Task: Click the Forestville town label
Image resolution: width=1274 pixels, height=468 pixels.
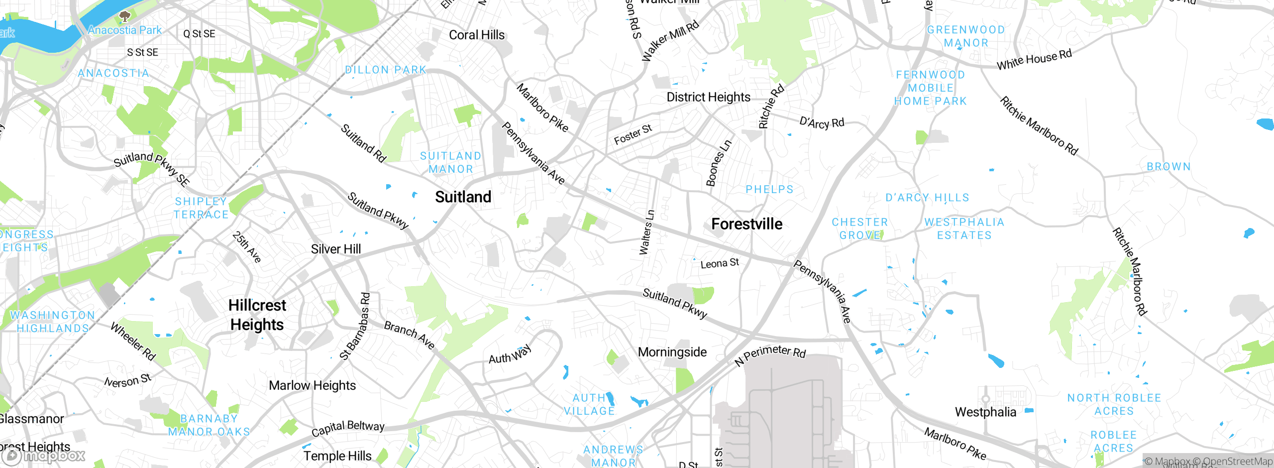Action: coord(746,224)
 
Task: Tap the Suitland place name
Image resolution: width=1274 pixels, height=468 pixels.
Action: coord(463,197)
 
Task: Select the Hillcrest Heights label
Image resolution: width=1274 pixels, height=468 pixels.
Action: coord(257,315)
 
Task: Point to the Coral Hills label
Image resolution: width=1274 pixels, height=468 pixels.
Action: coord(476,35)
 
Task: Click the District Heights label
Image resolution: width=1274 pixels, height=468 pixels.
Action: coord(708,97)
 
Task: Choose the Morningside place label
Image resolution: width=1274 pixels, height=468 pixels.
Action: coord(672,352)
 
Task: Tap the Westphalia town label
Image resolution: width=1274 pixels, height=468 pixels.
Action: coord(985,412)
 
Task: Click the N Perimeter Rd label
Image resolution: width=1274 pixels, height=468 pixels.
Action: coord(770,354)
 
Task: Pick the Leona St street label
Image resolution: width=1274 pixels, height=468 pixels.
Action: coord(720,263)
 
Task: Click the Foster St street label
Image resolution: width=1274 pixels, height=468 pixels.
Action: coord(633,134)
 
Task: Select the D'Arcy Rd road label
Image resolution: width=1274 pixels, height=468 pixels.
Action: coord(822,122)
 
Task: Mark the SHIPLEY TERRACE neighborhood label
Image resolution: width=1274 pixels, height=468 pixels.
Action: coord(201,208)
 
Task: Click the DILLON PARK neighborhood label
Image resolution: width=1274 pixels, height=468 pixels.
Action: coord(386,70)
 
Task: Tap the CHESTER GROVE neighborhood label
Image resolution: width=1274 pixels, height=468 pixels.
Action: coord(860,229)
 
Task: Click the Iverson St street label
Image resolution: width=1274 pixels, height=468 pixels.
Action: coord(127,380)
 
